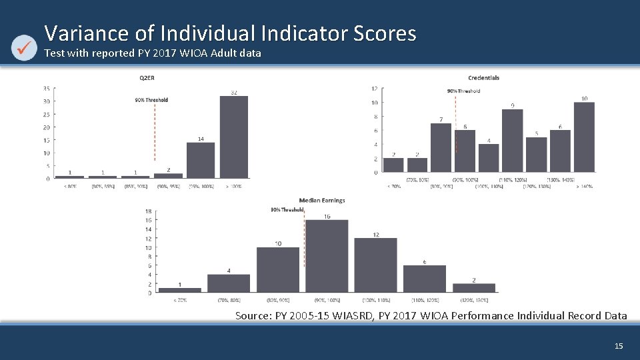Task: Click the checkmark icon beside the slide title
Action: click(x=25, y=47)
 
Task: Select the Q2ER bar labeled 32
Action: click(x=234, y=137)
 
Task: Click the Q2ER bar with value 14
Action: click(x=201, y=160)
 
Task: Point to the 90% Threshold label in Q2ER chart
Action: click(x=151, y=100)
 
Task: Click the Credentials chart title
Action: click(x=483, y=77)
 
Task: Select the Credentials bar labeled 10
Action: click(x=584, y=137)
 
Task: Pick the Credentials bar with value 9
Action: click(x=512, y=141)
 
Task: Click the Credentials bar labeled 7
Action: click(x=441, y=147)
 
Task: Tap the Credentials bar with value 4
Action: click(x=489, y=158)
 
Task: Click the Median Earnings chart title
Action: click(x=322, y=200)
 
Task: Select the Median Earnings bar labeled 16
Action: click(x=327, y=256)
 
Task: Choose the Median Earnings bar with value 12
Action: click(x=375, y=265)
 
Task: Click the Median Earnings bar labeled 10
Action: click(x=278, y=270)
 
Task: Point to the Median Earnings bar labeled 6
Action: click(x=424, y=279)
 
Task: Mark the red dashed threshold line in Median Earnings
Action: click(x=304, y=240)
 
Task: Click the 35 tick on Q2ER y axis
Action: click(x=46, y=89)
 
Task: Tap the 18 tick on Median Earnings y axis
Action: click(x=149, y=211)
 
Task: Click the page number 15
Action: click(x=618, y=346)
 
